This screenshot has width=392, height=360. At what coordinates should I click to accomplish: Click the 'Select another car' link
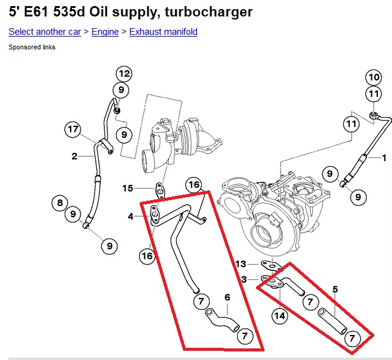(x=45, y=32)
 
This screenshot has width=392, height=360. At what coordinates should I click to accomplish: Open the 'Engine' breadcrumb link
(x=105, y=32)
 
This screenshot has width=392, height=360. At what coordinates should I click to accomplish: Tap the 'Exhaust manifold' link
(x=163, y=32)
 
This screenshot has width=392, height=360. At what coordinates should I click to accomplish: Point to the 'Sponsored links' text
(x=32, y=47)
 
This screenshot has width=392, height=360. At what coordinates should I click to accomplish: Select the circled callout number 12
(x=124, y=74)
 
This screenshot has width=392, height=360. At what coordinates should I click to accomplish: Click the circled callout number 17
(x=73, y=129)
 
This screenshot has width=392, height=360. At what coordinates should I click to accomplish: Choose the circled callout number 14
(x=280, y=315)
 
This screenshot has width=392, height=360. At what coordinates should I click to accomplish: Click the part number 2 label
(x=74, y=157)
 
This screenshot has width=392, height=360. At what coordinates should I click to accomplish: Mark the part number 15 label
(x=127, y=188)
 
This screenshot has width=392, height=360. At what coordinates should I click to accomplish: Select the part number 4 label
(x=131, y=216)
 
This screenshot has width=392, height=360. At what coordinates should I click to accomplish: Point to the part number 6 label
(x=227, y=297)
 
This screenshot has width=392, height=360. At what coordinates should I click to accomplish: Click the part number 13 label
(x=241, y=264)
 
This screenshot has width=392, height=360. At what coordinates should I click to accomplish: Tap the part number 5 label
(x=334, y=288)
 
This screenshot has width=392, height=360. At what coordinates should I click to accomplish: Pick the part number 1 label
(x=384, y=157)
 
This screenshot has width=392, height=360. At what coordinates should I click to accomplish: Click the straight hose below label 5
(x=333, y=321)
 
